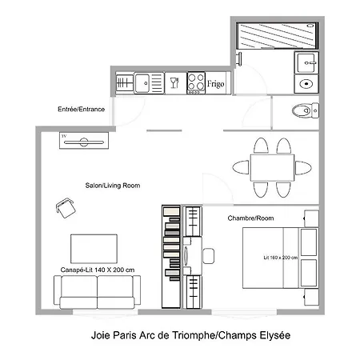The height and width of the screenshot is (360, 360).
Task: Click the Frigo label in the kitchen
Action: [x=216, y=82]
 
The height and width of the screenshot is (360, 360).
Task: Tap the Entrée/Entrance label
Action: [x=81, y=109]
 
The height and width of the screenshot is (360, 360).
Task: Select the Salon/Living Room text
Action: [x=113, y=186]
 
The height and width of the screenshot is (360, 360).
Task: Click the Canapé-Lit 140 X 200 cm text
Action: [x=97, y=270]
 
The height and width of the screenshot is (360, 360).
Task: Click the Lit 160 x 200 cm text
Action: [x=280, y=258]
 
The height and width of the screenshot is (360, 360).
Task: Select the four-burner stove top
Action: [x=196, y=82]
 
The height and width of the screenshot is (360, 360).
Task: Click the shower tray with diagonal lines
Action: [x=277, y=36]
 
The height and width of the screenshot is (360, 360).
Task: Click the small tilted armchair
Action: [x=66, y=208]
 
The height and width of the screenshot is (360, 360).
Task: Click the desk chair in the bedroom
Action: [x=209, y=256]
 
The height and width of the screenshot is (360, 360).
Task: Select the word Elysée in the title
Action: [x=266, y=337]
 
